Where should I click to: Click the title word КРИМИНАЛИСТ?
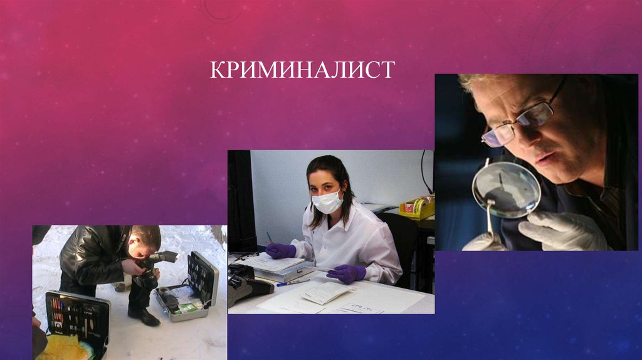point(302,69)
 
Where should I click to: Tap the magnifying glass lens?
point(506,189)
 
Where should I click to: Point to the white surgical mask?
point(327,201)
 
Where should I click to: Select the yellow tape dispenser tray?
point(417,208)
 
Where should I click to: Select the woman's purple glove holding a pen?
point(280,250)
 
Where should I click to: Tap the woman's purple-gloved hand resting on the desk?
point(346,273)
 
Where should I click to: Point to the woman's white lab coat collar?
point(342,216)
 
